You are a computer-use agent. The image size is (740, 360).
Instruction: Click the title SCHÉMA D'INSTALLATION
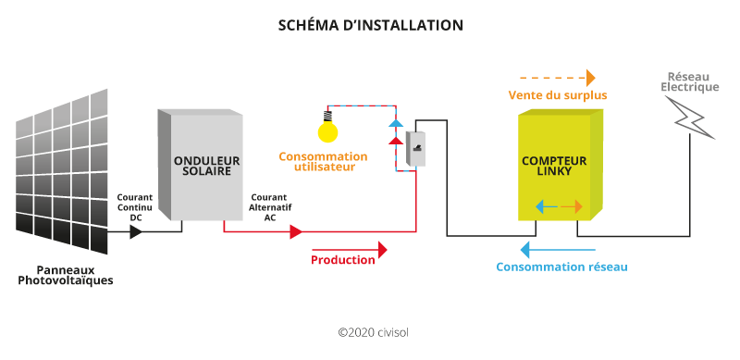tap(370, 26)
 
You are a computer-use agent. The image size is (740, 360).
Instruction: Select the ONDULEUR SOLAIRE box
tap(205, 165)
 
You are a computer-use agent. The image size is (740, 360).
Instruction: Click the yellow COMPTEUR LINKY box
tap(560, 167)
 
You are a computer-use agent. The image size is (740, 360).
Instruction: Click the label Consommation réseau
tap(561, 267)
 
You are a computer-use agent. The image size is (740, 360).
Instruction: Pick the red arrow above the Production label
tap(350, 250)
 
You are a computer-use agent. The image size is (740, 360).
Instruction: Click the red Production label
tap(343, 260)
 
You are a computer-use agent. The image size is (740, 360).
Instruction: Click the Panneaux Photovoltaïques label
tap(66, 275)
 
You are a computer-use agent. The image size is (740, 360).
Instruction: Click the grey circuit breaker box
tap(415, 145)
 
